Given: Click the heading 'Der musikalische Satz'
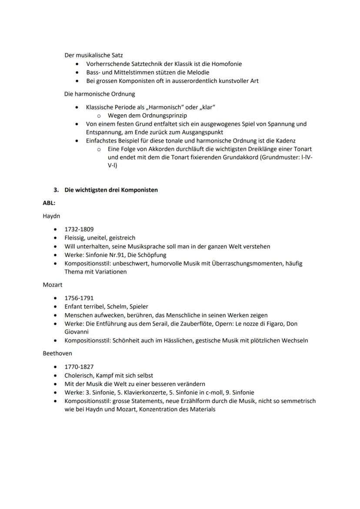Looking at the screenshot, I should (93, 55).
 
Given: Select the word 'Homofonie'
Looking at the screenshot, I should (227, 64).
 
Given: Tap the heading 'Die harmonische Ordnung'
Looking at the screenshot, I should (100, 93).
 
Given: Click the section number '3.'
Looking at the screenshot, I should (56, 190).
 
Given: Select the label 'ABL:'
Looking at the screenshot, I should (49, 203).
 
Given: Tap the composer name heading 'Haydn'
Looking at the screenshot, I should (51, 216).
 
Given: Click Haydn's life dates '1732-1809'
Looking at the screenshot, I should (79, 229).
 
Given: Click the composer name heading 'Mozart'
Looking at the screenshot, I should (53, 285).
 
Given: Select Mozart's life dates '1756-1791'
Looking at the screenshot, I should (79, 298).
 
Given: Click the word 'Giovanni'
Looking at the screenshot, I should (77, 332).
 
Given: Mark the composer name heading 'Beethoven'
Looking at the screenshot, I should (57, 353).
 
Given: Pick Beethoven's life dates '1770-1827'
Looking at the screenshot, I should (79, 367).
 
